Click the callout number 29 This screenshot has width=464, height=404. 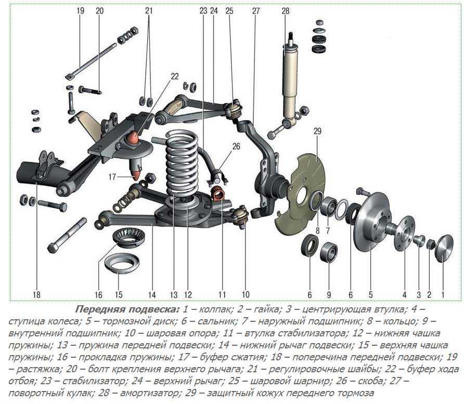318,132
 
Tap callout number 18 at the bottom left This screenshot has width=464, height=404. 36,294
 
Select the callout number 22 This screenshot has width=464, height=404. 173,76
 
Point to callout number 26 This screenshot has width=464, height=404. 237,147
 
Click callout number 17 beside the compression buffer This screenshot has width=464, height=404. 112,176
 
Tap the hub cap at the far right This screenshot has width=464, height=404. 443,247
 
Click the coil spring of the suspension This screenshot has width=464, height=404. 182,166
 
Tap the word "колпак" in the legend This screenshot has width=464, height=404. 211,308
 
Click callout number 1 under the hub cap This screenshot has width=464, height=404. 443,294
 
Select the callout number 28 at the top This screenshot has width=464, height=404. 285,10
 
